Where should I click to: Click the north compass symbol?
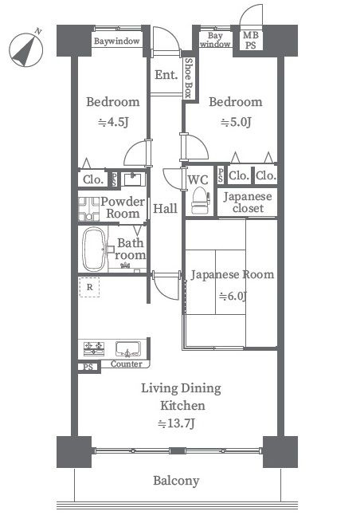(x=26, y=49)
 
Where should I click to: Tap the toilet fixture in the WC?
(x=201, y=200)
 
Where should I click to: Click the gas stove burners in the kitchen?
(x=94, y=348)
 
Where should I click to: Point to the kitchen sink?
(x=128, y=349)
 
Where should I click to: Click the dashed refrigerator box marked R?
(x=89, y=287)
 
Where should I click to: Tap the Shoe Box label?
(x=189, y=78)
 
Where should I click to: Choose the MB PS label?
(x=250, y=40)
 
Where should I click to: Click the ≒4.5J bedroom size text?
(x=113, y=122)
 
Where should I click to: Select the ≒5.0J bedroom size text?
(x=236, y=122)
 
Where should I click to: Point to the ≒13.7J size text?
(x=176, y=423)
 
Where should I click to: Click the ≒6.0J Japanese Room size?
(x=233, y=296)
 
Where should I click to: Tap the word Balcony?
(x=176, y=481)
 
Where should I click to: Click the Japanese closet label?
(x=248, y=202)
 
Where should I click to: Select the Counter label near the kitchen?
(x=127, y=364)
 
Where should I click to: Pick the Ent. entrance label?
(x=166, y=75)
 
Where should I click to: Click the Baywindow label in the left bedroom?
(x=117, y=41)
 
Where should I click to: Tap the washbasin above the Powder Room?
(x=133, y=179)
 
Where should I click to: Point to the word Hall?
(x=165, y=208)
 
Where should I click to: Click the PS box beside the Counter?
(x=88, y=367)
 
